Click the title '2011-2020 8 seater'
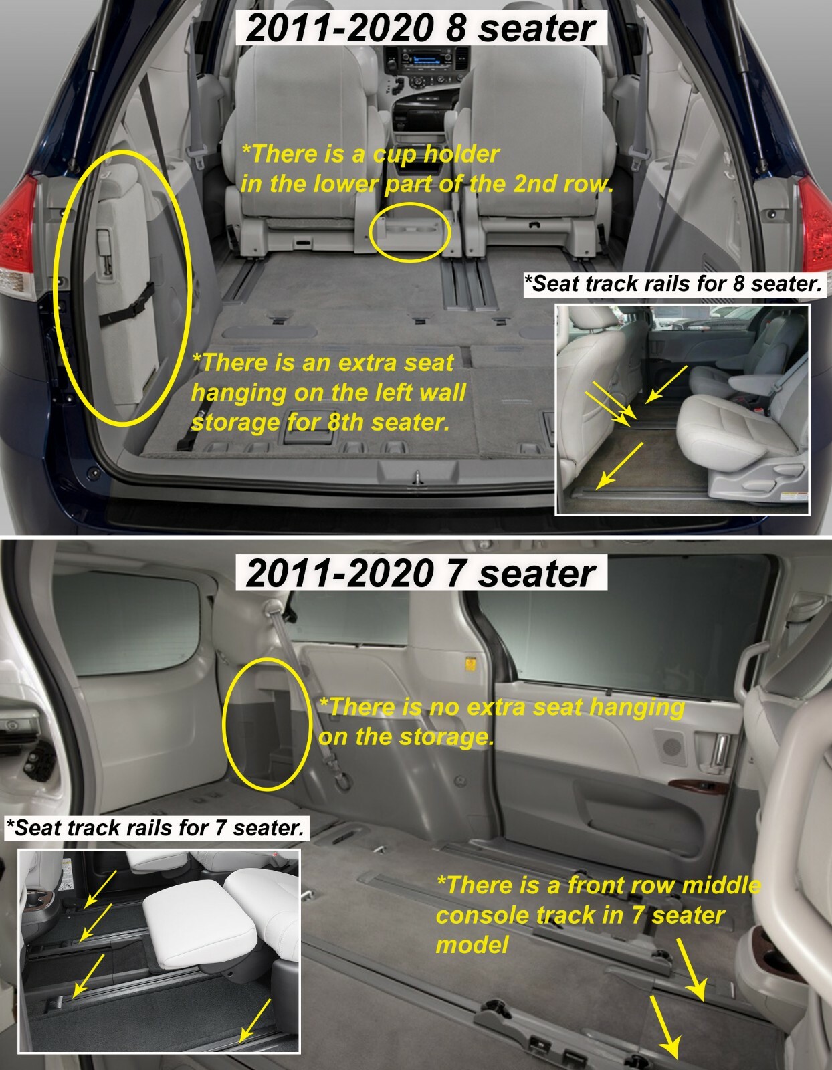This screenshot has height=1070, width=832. [x=421, y=28]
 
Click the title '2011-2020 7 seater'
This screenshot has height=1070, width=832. [x=421, y=573]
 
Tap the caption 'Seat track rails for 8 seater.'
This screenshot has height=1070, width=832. [x=676, y=284]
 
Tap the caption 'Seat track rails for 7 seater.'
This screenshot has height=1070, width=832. [x=155, y=828]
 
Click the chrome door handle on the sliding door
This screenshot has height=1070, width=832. [x=719, y=750]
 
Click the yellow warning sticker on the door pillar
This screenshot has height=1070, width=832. [x=470, y=665]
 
